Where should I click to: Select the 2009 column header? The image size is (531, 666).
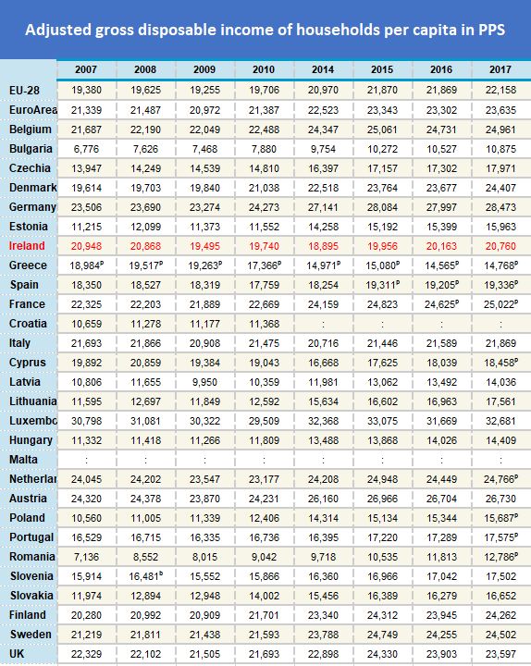click(204, 69)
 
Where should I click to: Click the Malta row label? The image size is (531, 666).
click(25, 459)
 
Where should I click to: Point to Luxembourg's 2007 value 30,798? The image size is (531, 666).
click(85, 421)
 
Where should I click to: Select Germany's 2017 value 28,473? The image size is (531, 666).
click(500, 207)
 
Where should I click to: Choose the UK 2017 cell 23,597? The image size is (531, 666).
click(500, 654)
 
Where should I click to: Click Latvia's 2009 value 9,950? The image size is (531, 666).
click(204, 382)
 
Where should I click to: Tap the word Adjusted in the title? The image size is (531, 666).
click(58, 30)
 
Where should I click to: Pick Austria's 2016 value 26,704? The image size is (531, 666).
click(441, 499)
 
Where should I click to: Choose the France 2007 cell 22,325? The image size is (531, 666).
click(85, 304)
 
